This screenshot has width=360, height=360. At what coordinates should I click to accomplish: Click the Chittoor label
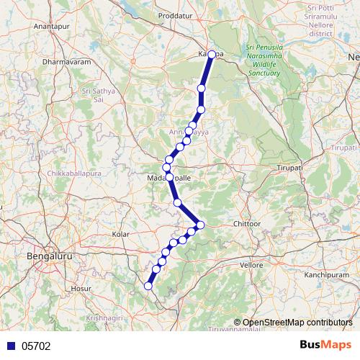pos(246,224)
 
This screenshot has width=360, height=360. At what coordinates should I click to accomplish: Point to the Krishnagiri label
pos(105,317)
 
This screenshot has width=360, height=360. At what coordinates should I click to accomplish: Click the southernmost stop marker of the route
pos(148,286)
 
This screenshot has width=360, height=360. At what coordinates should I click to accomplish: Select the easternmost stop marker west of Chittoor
pos(200,225)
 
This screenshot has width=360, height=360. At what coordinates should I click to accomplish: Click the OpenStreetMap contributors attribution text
pos(297,323)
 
